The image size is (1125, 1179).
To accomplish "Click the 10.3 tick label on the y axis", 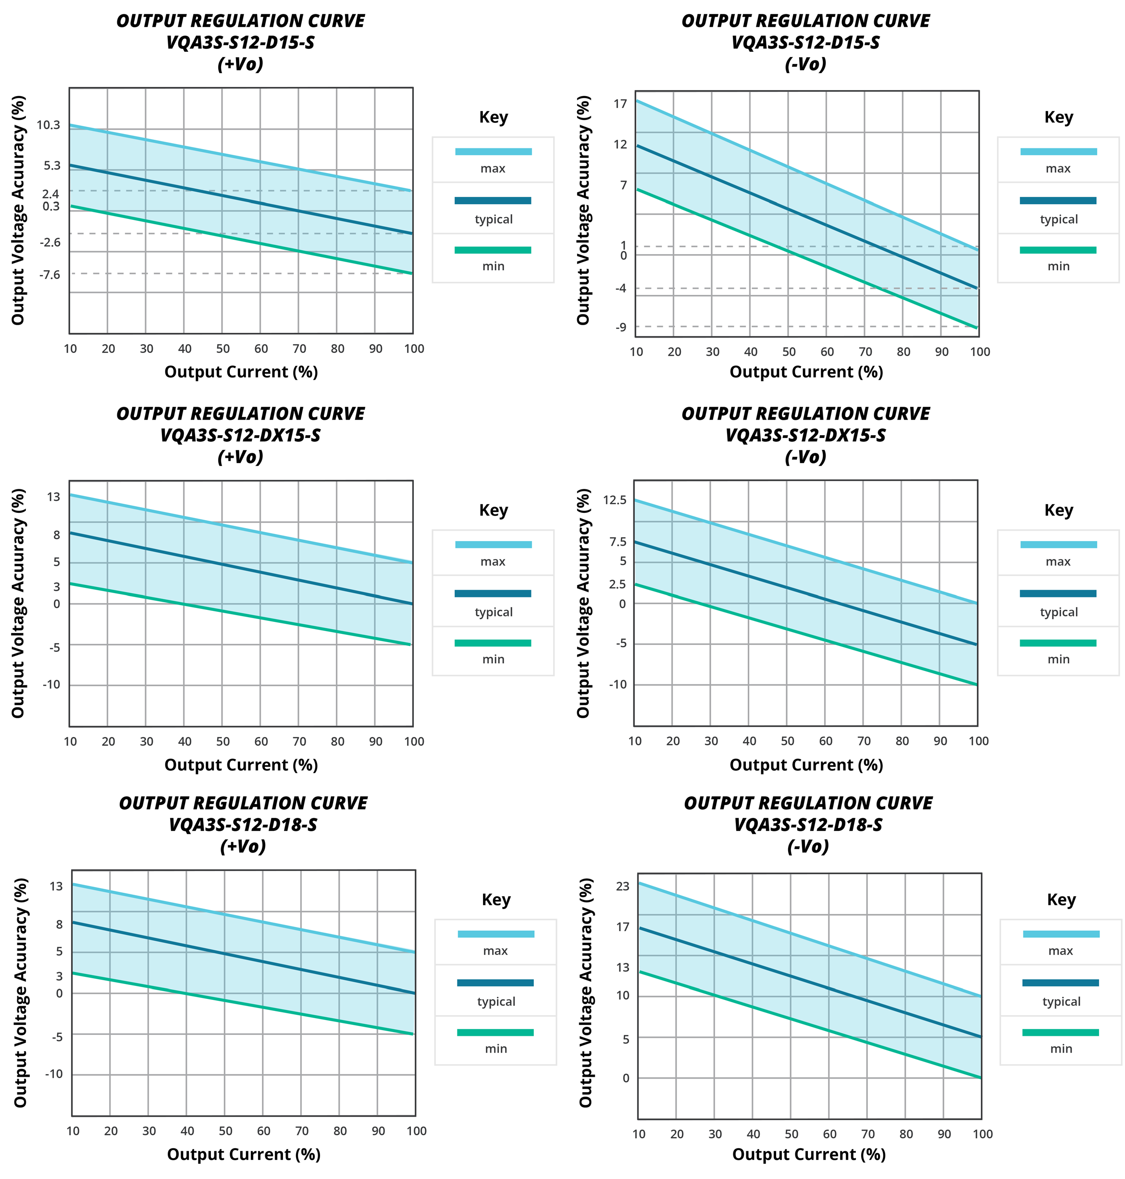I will [49, 125].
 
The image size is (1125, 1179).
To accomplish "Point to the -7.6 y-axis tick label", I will [50, 275].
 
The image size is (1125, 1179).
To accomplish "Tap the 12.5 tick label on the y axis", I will [615, 500].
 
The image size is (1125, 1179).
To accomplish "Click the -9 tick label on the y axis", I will [621, 327].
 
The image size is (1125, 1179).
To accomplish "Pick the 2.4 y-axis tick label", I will [51, 194].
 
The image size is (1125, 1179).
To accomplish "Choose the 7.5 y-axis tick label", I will [618, 542].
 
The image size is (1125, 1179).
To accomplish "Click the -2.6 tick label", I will [50, 242].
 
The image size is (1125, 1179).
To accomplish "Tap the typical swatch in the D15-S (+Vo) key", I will [493, 201].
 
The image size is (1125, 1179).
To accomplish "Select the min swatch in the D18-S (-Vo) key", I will [1060, 1032].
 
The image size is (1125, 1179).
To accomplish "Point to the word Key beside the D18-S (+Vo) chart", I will [496, 899].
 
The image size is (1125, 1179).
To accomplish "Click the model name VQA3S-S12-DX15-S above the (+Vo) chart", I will [240, 435].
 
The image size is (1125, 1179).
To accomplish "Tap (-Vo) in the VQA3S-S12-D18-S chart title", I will [808, 846].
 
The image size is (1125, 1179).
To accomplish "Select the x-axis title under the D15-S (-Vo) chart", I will [806, 372].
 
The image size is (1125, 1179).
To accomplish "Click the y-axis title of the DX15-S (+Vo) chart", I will [18, 603].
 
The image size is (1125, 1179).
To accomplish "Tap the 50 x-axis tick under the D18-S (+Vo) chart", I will [225, 1131].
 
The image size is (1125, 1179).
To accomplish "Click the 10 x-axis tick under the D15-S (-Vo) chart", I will [636, 352].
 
